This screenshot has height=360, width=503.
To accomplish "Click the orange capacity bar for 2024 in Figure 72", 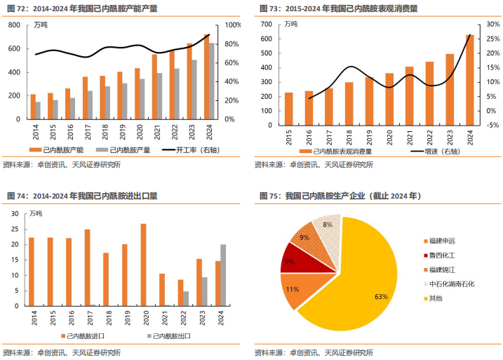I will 206,76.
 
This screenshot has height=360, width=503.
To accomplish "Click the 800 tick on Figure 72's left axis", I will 13,25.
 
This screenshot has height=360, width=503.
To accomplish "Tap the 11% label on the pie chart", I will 293,289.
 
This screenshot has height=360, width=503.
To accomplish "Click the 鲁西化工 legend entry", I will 444,255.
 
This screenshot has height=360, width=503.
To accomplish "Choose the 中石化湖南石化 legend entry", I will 452,284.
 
